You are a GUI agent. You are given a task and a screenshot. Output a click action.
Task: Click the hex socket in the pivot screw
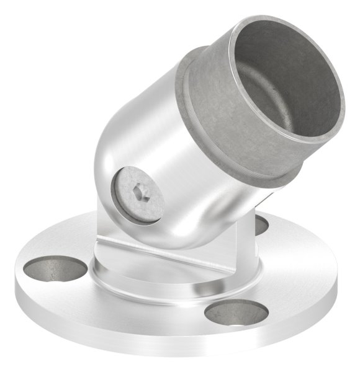click(140, 194)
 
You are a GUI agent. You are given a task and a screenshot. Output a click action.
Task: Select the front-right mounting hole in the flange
click(236, 311)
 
